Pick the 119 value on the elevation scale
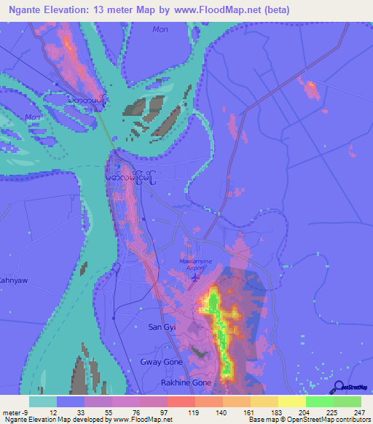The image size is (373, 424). (x=194, y=412)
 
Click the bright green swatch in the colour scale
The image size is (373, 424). (x=320, y=401)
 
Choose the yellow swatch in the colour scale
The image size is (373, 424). (x=291, y=401)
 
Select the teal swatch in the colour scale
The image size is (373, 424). (x=43, y=401)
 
